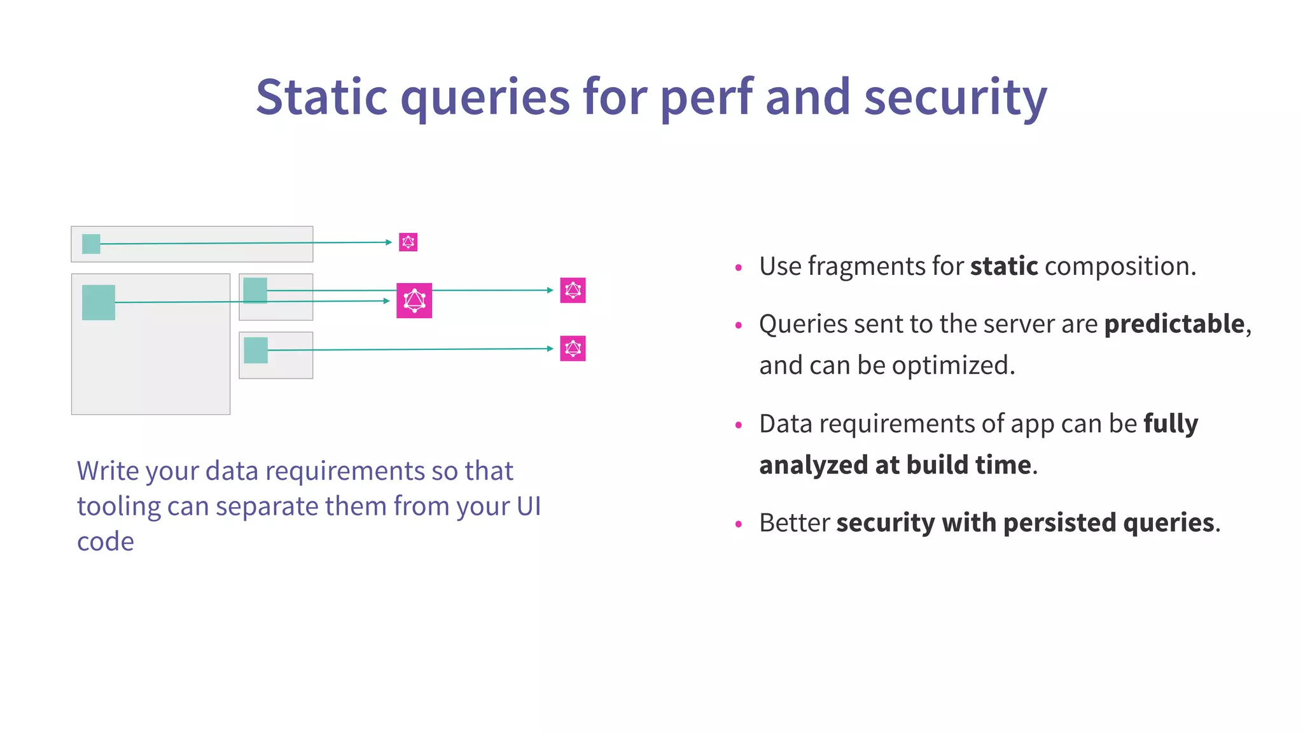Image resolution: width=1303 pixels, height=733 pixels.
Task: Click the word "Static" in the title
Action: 321,97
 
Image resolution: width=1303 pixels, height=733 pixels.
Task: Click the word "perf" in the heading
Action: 706,97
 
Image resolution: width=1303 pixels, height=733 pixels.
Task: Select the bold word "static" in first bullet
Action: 1003,266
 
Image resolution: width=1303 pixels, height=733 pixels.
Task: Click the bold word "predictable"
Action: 1174,324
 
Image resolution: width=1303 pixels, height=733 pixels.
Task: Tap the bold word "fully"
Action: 1171,424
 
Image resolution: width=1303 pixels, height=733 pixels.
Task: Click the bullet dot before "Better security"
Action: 738,524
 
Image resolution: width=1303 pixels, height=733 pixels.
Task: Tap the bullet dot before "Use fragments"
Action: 738,268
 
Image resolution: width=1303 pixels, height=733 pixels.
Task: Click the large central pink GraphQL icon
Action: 414,300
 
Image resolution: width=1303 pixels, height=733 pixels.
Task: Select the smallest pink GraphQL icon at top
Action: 408,242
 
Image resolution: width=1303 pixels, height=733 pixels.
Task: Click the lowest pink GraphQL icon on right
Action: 573,348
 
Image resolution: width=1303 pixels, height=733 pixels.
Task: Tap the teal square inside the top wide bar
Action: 91,244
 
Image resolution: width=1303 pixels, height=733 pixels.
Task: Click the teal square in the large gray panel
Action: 99,302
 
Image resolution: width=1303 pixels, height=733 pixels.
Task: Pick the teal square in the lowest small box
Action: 256,350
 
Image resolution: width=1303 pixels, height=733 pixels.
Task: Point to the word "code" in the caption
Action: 105,541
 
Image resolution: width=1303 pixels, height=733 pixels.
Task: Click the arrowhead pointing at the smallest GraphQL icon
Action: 389,242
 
